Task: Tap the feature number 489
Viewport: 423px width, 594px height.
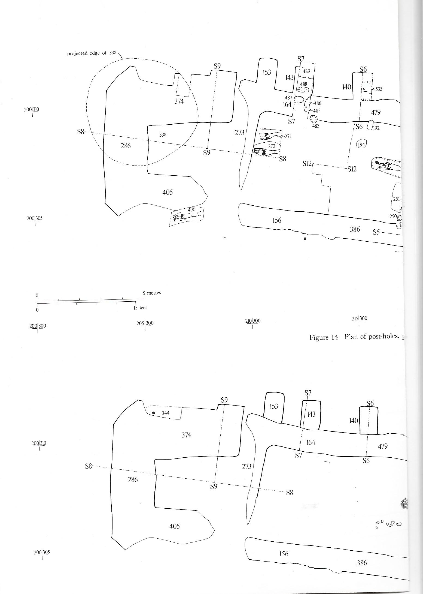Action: click(306, 71)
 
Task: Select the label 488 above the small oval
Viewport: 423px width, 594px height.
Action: click(303, 84)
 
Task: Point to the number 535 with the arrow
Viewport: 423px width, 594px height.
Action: click(379, 89)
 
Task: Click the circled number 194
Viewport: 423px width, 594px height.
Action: click(361, 145)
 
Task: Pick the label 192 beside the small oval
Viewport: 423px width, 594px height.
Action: click(376, 128)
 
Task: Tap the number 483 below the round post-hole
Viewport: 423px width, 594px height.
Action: click(316, 126)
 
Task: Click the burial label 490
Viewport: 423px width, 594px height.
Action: click(192, 209)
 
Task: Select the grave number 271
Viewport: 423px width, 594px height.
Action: click(288, 136)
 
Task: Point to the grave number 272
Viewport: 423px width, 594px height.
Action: click(272, 146)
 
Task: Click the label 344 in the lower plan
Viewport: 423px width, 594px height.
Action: click(166, 413)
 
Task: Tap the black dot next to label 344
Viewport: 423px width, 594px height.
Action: click(154, 413)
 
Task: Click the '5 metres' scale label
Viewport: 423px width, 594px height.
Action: click(152, 293)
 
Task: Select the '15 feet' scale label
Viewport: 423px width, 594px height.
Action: click(140, 308)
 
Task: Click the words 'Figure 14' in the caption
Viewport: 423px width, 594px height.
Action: click(323, 337)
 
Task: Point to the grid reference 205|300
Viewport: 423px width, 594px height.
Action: click(145, 323)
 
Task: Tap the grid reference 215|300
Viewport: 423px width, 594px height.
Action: click(360, 318)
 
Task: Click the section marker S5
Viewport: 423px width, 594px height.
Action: click(376, 232)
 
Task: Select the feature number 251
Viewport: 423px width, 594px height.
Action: click(396, 199)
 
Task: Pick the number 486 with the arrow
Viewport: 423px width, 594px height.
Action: click(318, 103)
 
